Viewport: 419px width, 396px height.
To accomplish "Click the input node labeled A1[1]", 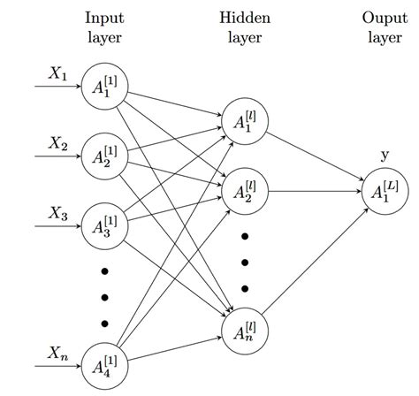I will tap(104, 89).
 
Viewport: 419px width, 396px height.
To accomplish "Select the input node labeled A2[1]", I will tap(104, 156).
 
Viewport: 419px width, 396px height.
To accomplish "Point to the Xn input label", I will tap(57, 354).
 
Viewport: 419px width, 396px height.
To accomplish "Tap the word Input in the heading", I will tap(104, 17).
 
